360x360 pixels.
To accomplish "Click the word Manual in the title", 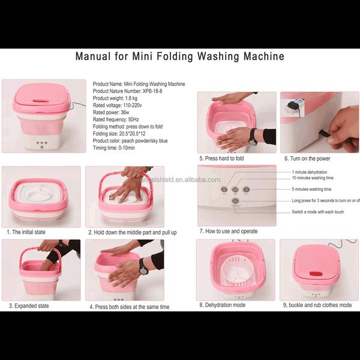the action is click(x=93, y=56).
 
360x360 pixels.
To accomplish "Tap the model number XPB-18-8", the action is click(x=152, y=91).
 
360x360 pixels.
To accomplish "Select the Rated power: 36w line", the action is click(x=111, y=113).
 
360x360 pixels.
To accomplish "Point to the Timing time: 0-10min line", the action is click(x=113, y=148).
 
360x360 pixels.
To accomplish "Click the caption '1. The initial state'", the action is click(x=26, y=232).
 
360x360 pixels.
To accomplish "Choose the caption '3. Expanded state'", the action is click(x=29, y=306).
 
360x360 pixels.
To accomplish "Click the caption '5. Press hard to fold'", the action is click(x=221, y=158).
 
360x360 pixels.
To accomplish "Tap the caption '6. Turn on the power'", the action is click(x=307, y=158).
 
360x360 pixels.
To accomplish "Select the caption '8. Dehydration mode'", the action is click(x=222, y=305).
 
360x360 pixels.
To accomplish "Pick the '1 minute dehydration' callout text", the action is click(x=310, y=172).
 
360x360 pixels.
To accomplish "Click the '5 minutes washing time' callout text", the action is click(x=311, y=189).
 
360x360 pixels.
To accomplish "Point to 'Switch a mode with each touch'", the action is click(x=318, y=212).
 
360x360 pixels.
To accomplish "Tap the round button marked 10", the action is click(x=235, y=190).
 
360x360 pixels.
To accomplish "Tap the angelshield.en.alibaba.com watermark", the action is click(x=180, y=180).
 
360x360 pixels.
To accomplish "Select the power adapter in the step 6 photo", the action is click(x=292, y=106).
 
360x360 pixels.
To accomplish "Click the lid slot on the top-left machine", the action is click(x=40, y=101).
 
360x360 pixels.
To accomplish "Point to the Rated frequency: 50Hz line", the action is click(x=116, y=119).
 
